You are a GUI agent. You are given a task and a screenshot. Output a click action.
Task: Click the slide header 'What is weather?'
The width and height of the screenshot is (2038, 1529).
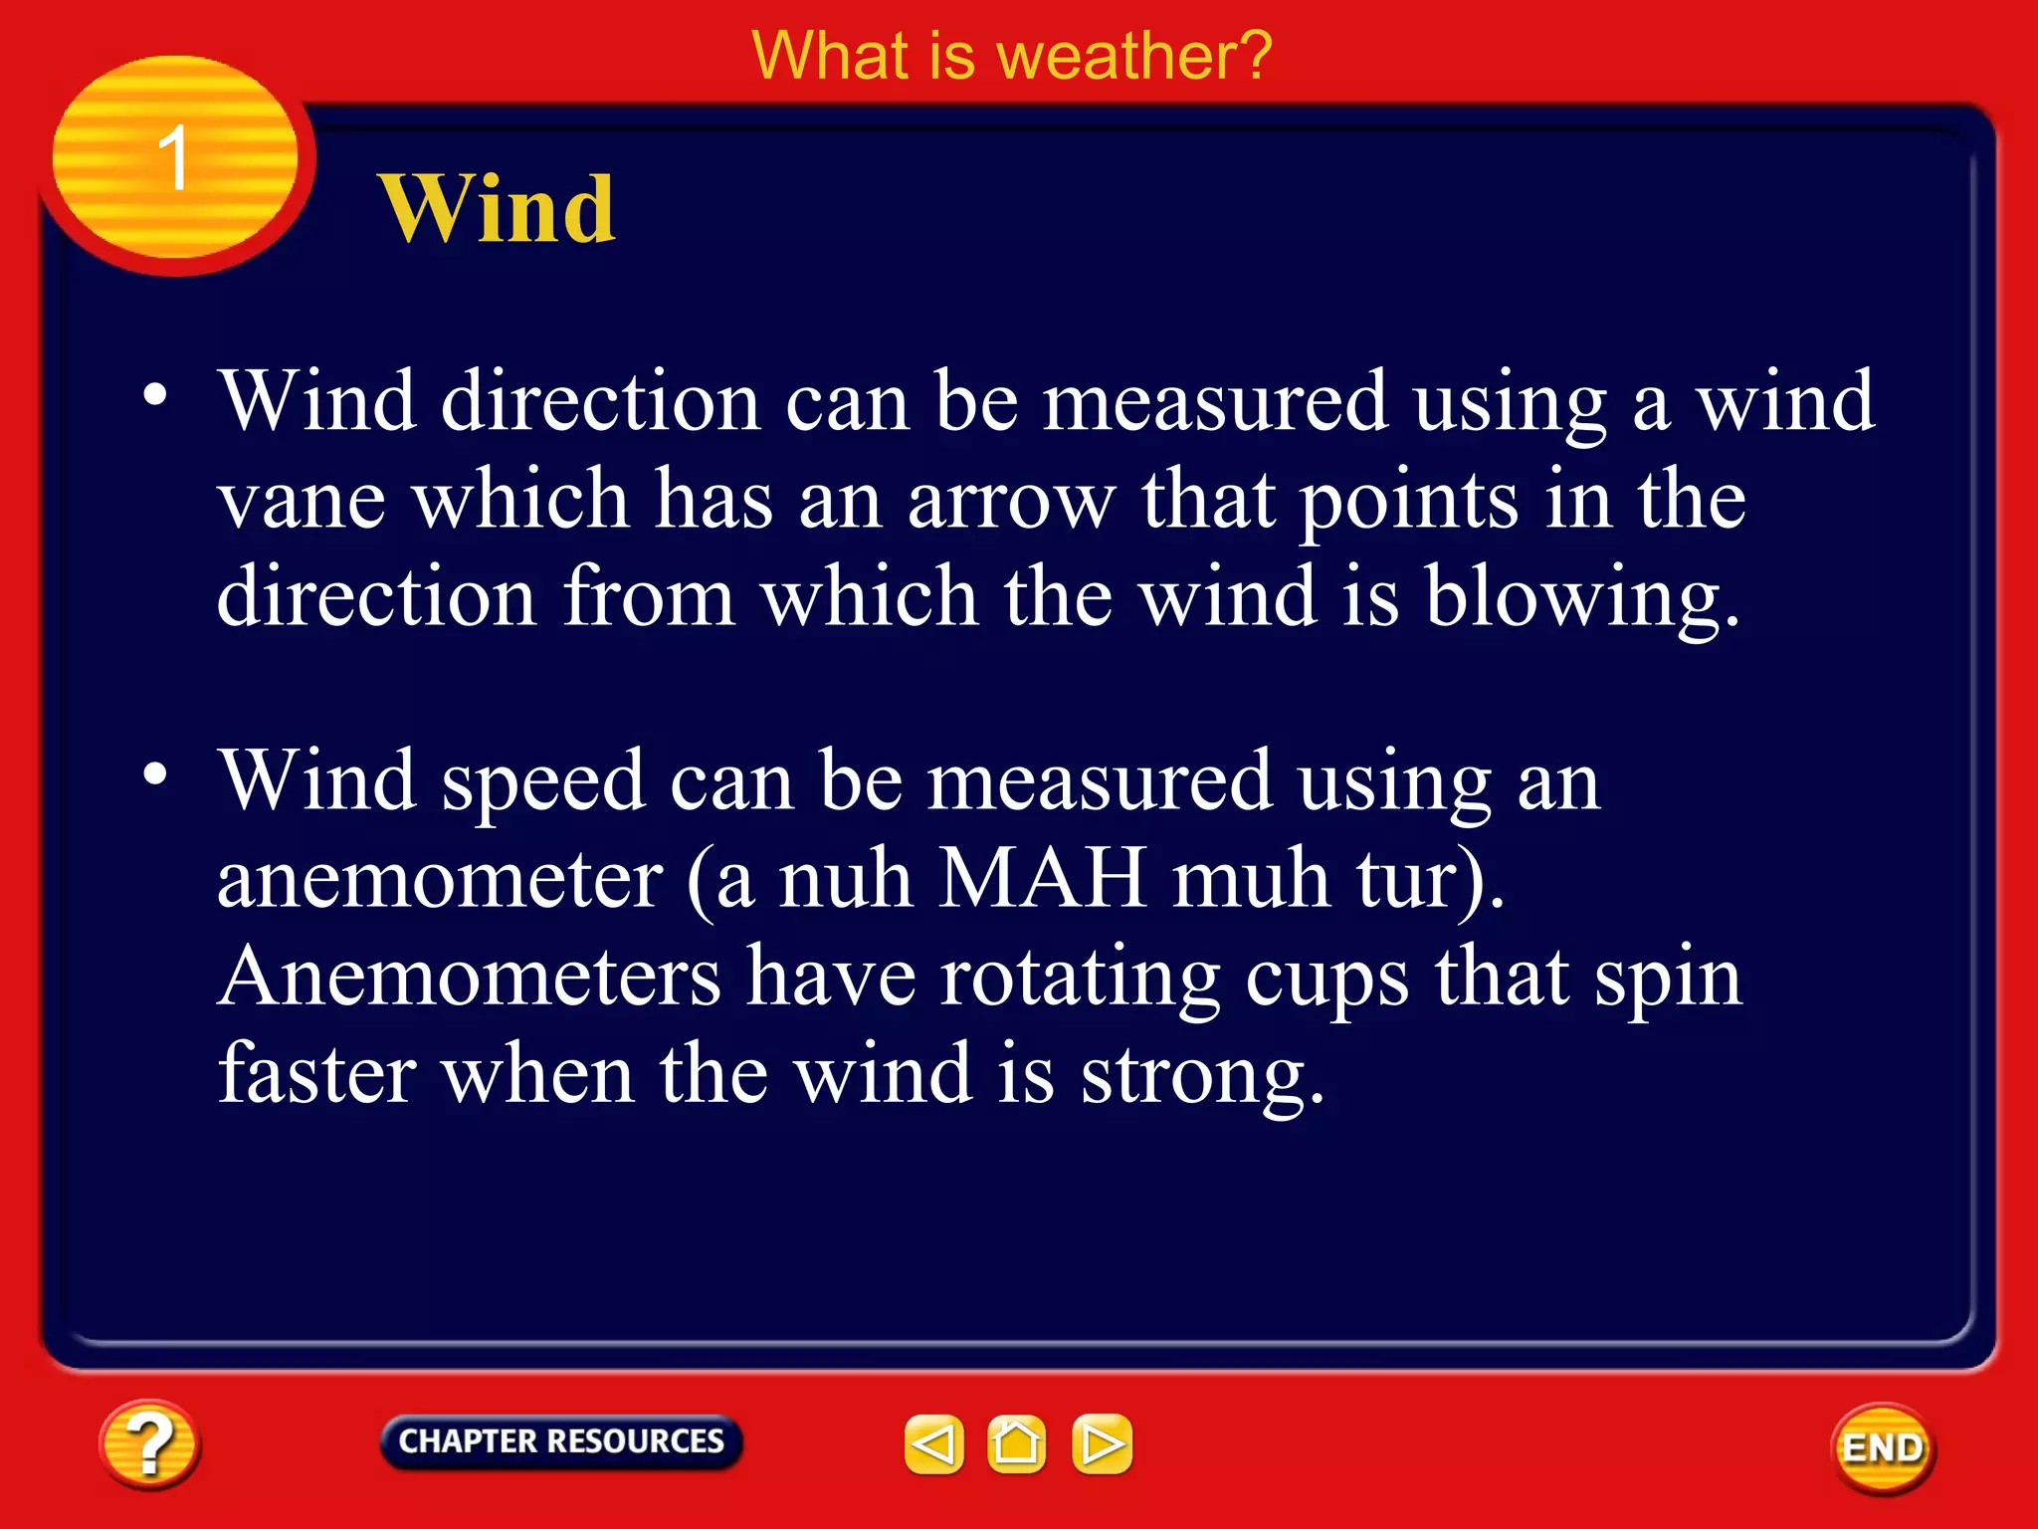[1011, 56]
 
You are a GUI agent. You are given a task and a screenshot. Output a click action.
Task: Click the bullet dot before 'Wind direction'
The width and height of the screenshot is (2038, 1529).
[155, 395]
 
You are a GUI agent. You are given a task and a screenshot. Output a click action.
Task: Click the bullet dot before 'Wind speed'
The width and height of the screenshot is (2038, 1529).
[155, 773]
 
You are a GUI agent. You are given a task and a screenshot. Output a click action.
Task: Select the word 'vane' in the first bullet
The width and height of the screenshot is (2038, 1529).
[302, 500]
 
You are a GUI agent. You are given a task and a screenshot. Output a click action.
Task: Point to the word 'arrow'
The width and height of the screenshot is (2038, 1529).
[1010, 500]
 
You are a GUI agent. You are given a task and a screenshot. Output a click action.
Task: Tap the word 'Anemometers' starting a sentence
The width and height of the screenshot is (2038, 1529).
[469, 977]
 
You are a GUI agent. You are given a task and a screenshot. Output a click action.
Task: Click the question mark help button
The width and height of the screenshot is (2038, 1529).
[149, 1444]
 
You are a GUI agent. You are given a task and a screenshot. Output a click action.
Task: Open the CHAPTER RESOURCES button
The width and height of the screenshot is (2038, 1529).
[561, 1441]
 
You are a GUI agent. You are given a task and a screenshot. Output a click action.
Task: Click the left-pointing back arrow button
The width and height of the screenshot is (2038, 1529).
[933, 1443]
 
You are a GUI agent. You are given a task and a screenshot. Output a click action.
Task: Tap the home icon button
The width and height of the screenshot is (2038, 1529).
[1016, 1443]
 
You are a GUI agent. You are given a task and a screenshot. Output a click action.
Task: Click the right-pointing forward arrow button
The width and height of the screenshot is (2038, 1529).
[1102, 1443]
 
